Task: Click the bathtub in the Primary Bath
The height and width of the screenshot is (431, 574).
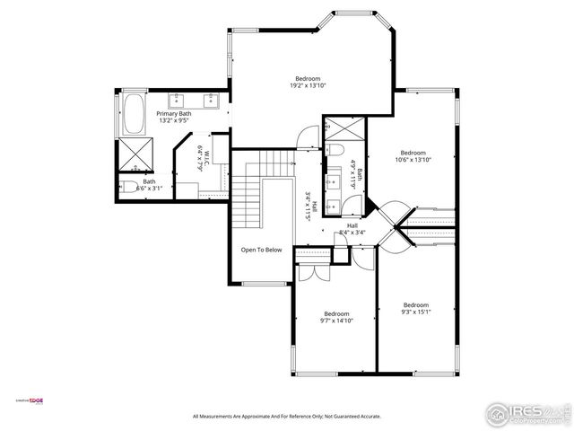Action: click(135, 110)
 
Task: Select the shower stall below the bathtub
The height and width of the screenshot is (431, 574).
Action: click(135, 154)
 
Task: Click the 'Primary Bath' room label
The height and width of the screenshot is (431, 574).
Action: click(174, 114)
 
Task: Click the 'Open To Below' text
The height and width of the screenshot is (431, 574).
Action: click(261, 250)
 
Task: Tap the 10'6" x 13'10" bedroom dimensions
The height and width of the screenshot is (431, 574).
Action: click(413, 160)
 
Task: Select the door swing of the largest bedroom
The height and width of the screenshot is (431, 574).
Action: click(309, 137)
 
